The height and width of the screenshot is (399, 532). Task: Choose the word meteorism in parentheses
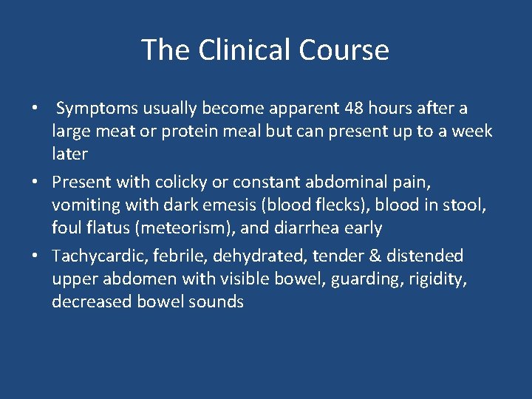click(187, 228)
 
